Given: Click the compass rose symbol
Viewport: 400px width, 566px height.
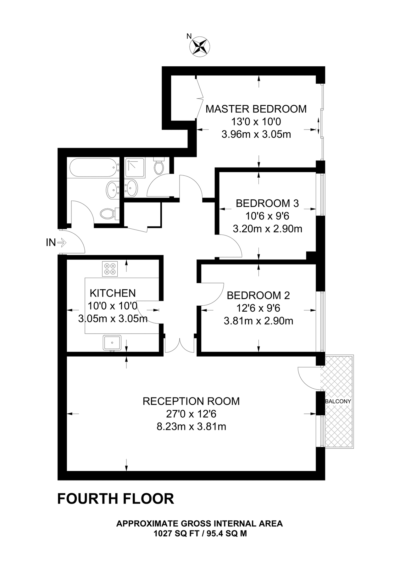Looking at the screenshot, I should click(200, 46).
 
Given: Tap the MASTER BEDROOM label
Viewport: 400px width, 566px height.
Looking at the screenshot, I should click(256, 109).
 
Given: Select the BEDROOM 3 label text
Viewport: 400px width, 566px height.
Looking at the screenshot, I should click(267, 203).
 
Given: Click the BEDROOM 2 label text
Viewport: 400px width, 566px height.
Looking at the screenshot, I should click(258, 296).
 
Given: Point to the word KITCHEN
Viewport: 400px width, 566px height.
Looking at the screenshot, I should click(113, 293).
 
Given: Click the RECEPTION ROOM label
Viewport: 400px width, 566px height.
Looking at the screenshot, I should click(191, 401).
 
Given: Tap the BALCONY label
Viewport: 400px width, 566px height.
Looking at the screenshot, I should click(338, 402).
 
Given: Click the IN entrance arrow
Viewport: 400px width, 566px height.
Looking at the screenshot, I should click(62, 242).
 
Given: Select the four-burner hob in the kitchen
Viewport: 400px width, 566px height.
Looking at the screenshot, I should click(110, 269).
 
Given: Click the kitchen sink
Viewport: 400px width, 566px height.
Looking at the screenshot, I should click(112, 342).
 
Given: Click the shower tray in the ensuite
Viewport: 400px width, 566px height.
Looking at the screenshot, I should click(135, 168).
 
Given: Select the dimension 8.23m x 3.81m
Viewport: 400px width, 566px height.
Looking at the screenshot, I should click(191, 427).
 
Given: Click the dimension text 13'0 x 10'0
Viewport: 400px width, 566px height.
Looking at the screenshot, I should click(256, 122).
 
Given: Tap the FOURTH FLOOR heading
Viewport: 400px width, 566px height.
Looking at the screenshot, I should click(115, 499).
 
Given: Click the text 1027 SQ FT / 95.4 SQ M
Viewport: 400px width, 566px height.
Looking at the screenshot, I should click(200, 534).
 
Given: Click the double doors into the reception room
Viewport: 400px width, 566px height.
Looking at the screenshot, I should click(180, 346).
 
